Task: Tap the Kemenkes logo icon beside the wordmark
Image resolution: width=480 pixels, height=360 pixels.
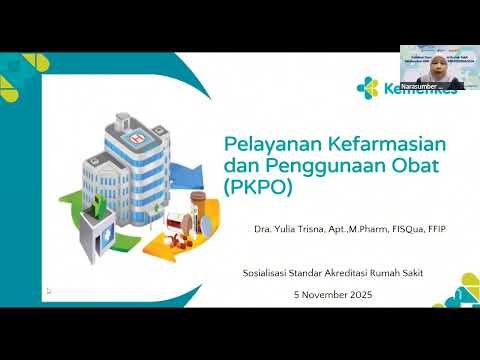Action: click(367, 88)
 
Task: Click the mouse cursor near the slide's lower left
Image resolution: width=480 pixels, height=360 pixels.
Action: click(47, 291)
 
